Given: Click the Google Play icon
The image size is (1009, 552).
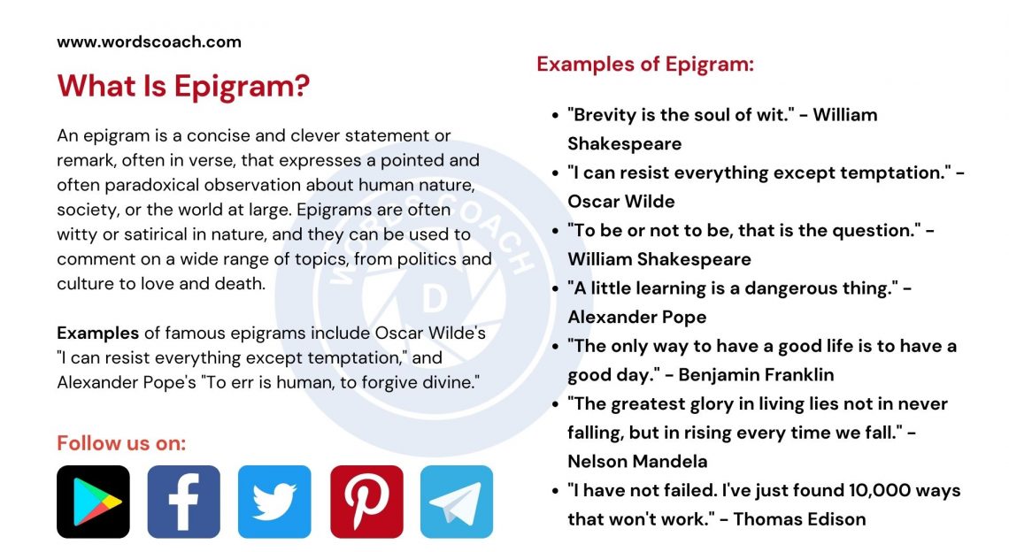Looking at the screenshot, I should click(93, 502).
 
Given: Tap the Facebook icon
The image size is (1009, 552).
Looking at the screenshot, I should click(183, 502).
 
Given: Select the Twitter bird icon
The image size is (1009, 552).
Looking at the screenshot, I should click(274, 502).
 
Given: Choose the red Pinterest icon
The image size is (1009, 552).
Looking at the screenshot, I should click(366, 502).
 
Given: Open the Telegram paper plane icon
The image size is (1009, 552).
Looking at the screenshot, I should click(457, 502).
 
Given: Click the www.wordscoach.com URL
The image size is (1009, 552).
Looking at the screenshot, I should click(149, 42).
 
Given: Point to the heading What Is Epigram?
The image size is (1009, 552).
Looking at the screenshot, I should click(183, 87).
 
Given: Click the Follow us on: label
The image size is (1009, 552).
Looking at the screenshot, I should click(121, 443).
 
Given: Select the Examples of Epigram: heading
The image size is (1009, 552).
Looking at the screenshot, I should click(645, 65).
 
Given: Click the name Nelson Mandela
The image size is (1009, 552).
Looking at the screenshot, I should click(637, 461).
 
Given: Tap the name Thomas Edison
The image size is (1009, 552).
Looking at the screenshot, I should click(799, 519).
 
